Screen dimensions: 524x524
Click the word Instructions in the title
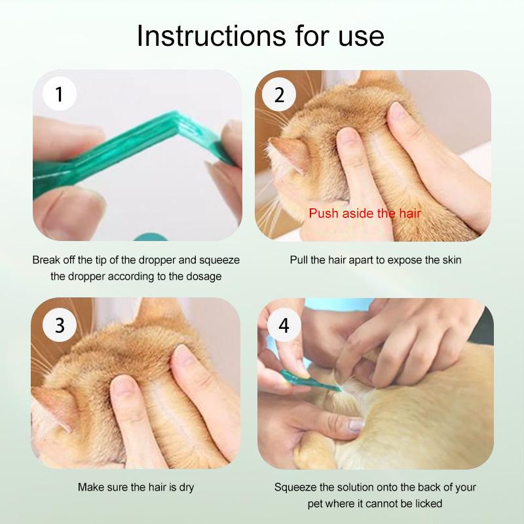(212, 36)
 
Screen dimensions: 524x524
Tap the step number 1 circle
(60, 94)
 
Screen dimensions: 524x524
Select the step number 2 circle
(279, 94)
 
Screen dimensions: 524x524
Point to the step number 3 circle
(60, 325)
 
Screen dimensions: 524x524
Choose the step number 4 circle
(284, 325)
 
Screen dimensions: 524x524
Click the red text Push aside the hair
(365, 214)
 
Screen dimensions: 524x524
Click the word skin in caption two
(452, 260)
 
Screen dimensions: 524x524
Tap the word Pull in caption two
(299, 260)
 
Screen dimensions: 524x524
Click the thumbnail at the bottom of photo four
(356, 425)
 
